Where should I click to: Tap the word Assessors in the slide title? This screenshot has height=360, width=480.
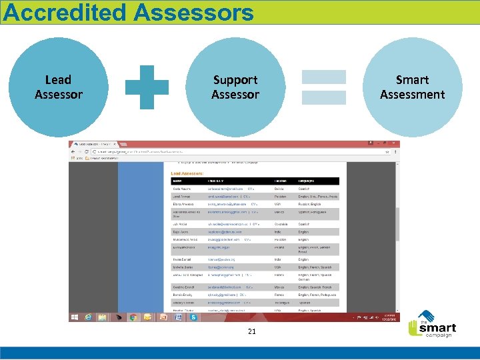point(194,12)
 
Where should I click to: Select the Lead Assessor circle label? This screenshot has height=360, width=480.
point(59,87)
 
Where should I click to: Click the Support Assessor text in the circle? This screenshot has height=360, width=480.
point(235,87)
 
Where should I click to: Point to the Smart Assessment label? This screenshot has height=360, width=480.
point(412,87)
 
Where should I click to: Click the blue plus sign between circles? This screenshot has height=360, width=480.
point(147,87)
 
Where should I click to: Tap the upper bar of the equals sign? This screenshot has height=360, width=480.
point(324,77)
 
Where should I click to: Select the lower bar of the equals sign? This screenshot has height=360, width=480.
point(324,96)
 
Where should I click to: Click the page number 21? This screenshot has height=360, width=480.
point(252,331)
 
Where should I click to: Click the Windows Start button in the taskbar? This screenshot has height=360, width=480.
point(75,318)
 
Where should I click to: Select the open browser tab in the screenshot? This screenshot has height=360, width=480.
point(97,144)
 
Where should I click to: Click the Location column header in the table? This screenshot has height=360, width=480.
point(281,181)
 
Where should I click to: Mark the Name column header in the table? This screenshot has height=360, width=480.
point(178,181)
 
